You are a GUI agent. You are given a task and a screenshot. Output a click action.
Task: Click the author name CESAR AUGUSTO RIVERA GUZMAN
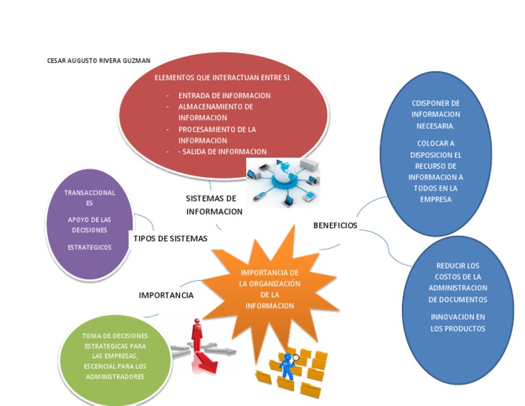tap(98, 61)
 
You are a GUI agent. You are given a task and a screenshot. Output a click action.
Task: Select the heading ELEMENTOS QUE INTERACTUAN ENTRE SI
tap(222, 78)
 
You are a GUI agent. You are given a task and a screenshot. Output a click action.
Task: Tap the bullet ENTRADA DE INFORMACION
tap(224, 96)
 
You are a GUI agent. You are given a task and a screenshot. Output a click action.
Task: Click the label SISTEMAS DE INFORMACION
tap(214, 204)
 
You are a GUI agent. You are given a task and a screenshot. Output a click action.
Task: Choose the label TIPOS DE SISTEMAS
tap(170, 239)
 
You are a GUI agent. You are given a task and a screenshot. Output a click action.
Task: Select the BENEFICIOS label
tap(335, 226)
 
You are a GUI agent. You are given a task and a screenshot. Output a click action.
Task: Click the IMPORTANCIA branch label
tap(166, 295)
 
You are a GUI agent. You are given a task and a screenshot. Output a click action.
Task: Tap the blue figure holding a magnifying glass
tap(286, 365)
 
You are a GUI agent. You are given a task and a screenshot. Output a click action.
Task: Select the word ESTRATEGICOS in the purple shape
tap(90, 247)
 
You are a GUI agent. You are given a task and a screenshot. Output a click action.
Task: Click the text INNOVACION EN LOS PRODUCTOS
tap(457, 323)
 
